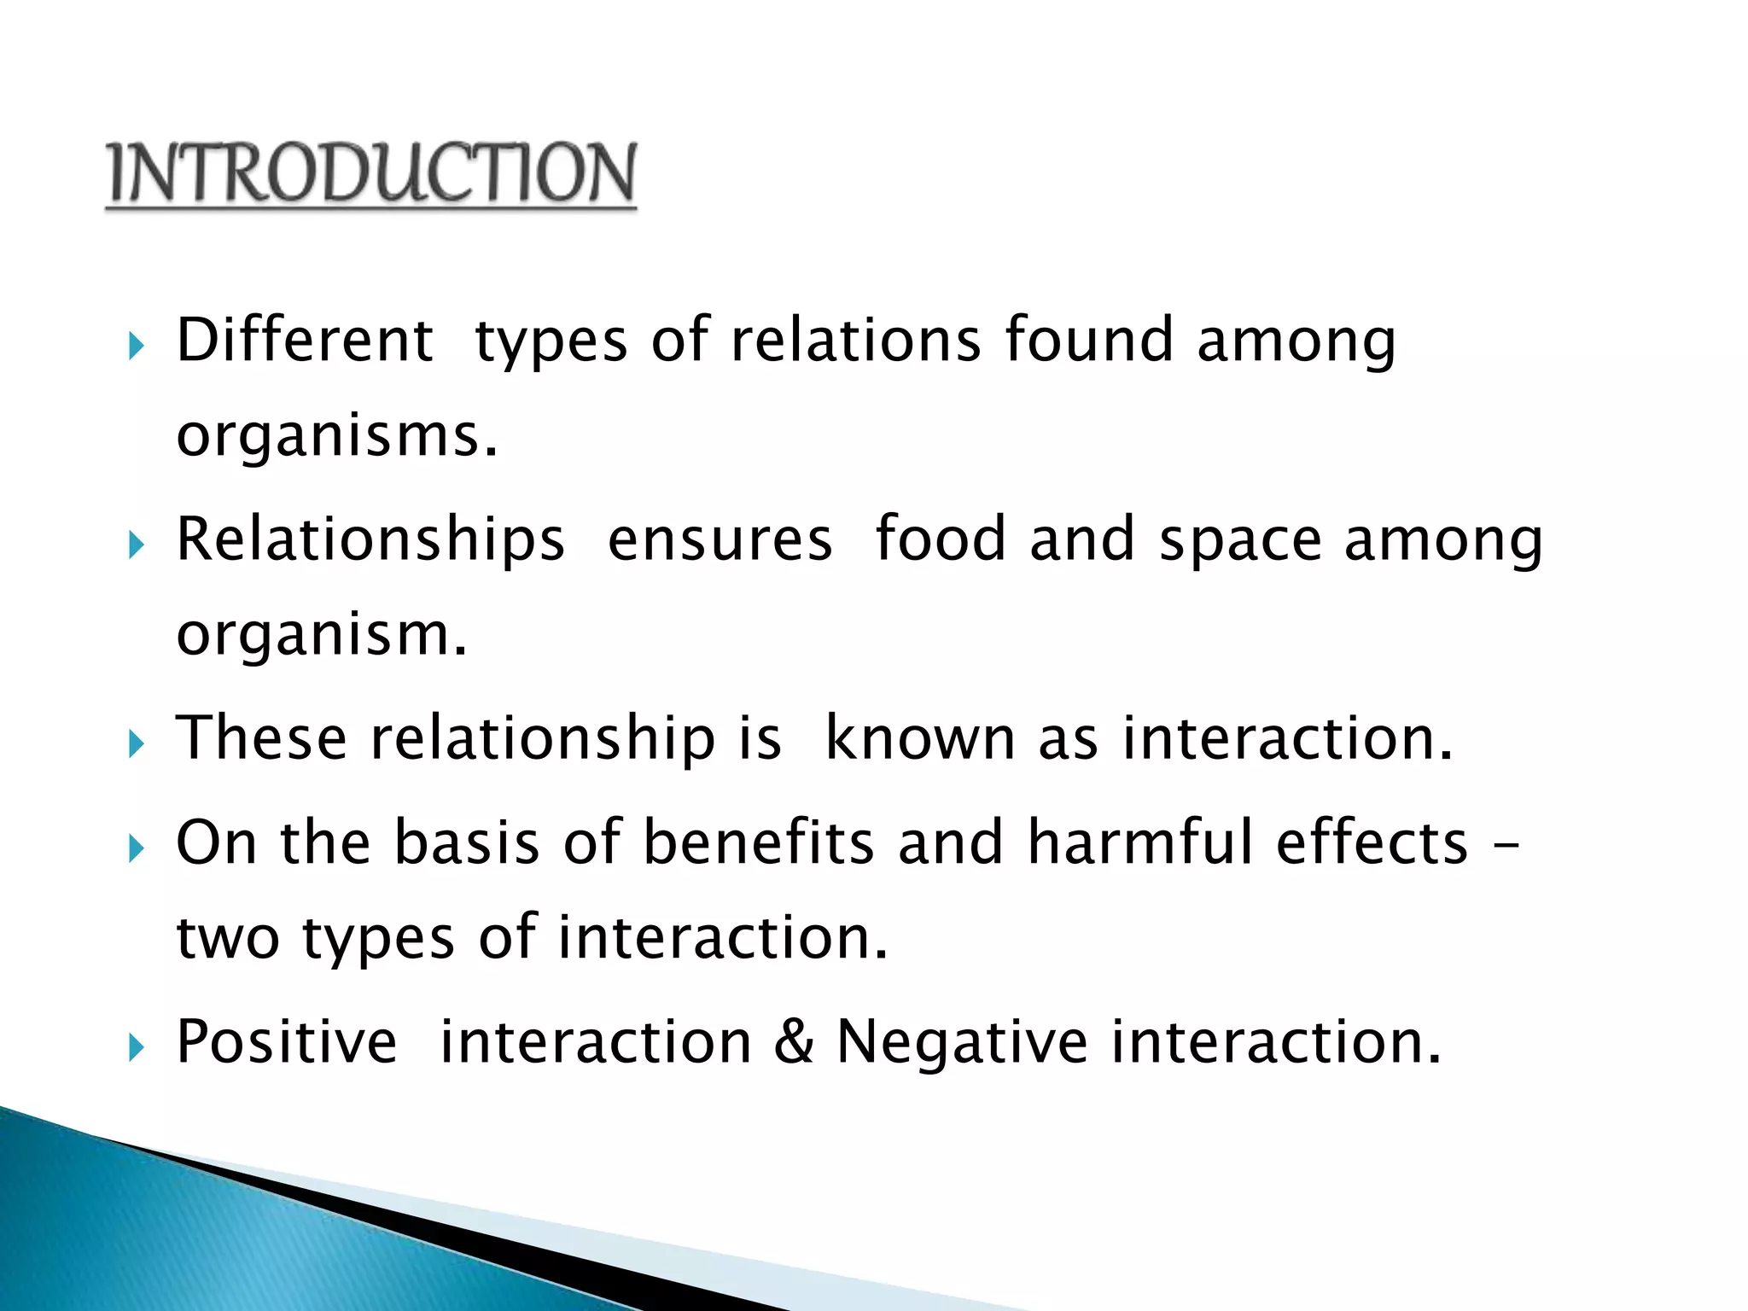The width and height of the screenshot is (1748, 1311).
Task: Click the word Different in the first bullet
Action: coord(305,341)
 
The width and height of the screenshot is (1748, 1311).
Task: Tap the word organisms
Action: coord(336,436)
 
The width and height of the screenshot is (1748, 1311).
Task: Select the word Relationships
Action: coord(370,539)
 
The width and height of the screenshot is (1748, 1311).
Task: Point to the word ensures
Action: coord(720,539)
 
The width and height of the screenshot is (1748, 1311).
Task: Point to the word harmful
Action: coord(1140,842)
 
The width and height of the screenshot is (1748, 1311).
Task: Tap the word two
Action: coord(228,938)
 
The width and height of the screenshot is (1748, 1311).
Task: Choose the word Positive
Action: coord(286,1042)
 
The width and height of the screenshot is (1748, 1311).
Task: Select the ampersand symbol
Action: coord(794,1042)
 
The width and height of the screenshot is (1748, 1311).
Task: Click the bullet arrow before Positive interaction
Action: coord(136,1046)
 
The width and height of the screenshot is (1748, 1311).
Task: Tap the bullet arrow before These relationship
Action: coord(136,743)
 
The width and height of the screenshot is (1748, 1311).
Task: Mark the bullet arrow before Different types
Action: coord(136,346)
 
